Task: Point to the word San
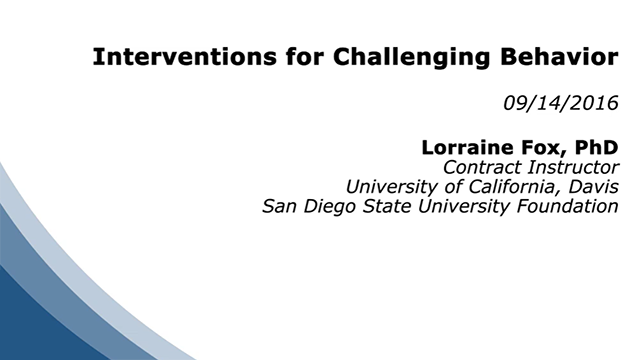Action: (x=279, y=208)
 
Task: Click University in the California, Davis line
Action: (x=388, y=187)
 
